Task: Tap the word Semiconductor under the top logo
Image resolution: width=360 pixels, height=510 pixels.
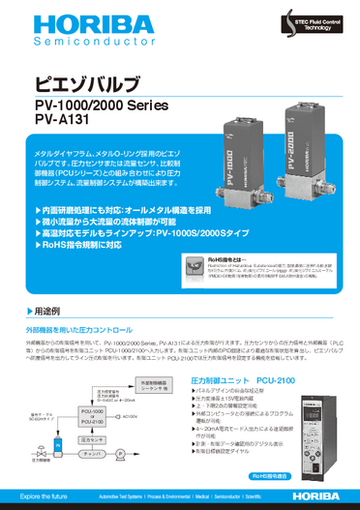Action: pyautogui.click(x=59, y=45)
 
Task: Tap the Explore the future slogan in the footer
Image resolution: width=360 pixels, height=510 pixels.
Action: pyautogui.click(x=45, y=497)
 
